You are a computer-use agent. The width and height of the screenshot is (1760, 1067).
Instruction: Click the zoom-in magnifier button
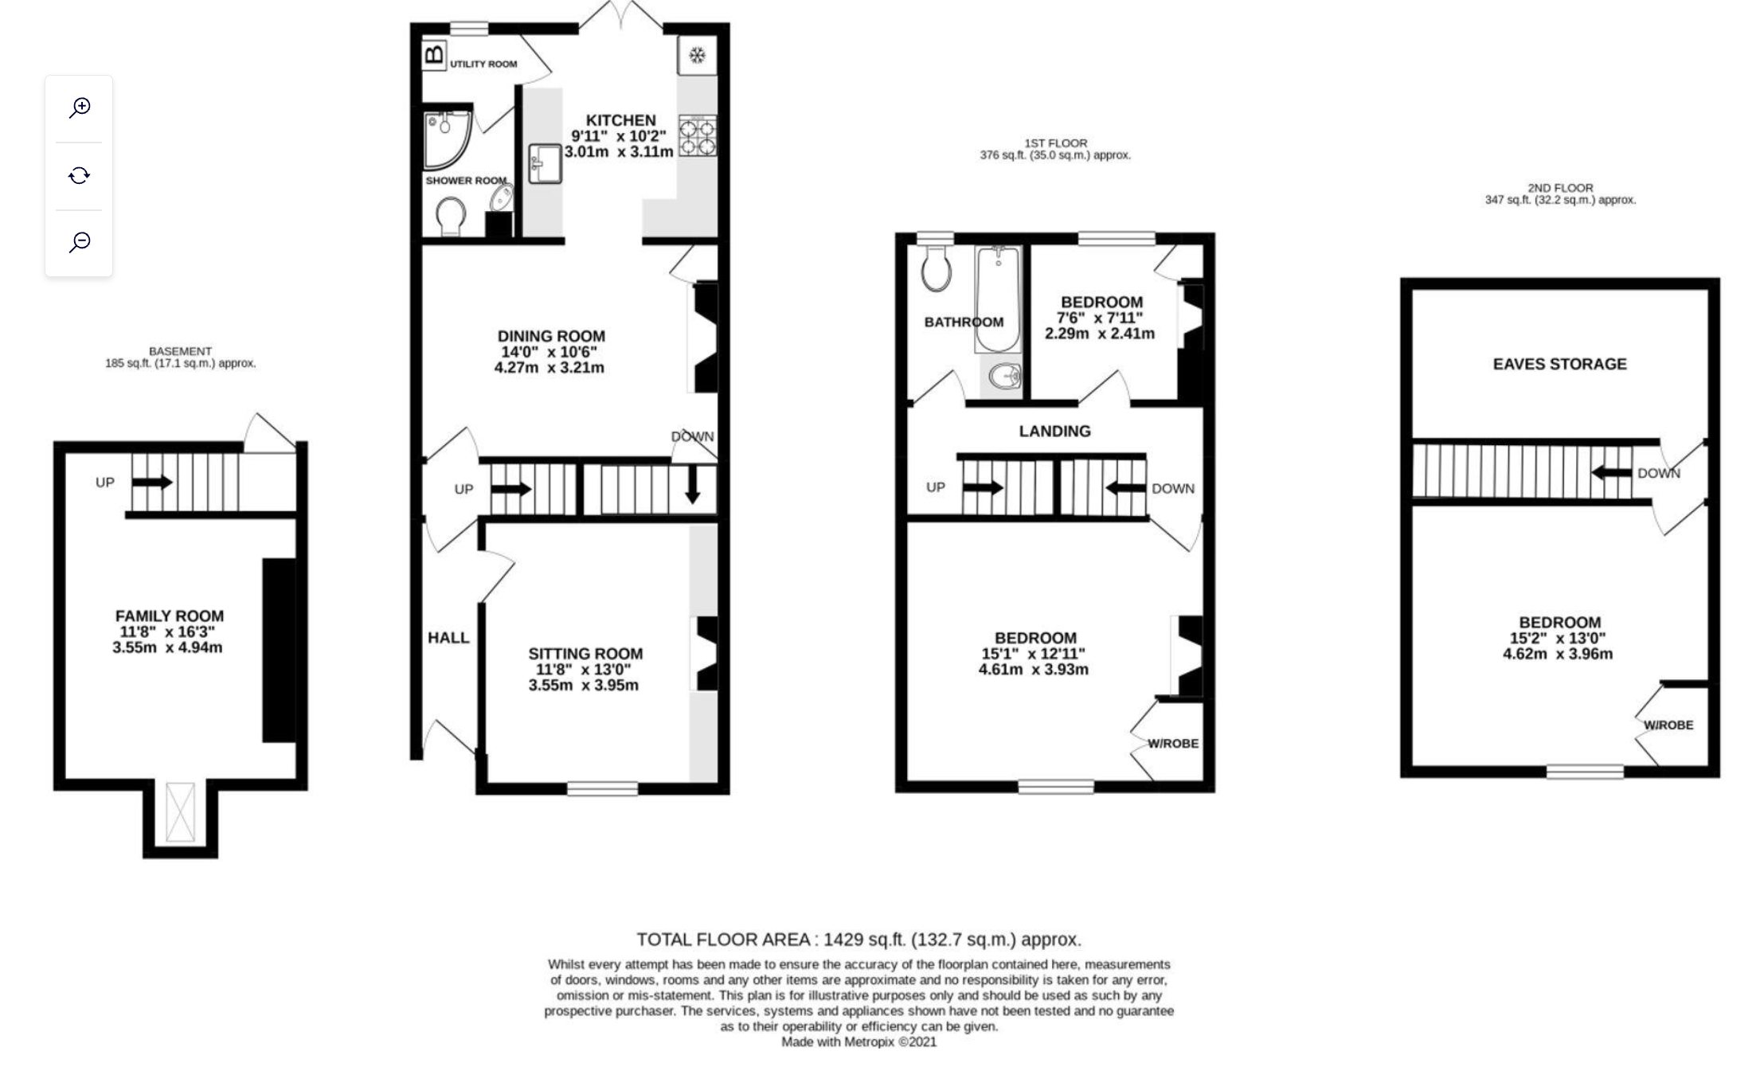(80, 107)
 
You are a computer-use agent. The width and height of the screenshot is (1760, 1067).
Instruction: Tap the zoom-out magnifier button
(80, 242)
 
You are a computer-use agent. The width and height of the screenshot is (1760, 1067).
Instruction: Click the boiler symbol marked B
(434, 55)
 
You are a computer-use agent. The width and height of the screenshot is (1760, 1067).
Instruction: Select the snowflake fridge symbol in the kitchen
(697, 56)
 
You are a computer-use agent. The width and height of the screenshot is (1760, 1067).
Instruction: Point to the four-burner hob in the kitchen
(698, 135)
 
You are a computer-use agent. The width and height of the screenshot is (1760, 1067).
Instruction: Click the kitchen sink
(545, 163)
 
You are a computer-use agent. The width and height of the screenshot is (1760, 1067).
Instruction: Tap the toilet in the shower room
(452, 216)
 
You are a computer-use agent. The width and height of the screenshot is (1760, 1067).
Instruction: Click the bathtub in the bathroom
(997, 299)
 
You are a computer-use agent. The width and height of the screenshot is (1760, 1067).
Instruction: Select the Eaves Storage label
(1559, 364)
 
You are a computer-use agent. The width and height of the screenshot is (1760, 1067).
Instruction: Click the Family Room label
(170, 616)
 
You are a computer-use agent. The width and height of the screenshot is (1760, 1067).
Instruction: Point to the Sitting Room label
(585, 654)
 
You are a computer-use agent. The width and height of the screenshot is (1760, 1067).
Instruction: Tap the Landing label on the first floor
(1055, 431)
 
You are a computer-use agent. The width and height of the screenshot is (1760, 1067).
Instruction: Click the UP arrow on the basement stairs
(152, 482)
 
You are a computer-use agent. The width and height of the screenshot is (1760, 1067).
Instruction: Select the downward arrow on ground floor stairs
(692, 484)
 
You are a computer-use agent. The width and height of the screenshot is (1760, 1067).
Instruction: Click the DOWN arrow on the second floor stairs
(1611, 472)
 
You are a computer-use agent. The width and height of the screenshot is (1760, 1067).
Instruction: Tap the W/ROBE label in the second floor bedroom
(1668, 725)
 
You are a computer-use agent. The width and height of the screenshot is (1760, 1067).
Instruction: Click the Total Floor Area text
(858, 940)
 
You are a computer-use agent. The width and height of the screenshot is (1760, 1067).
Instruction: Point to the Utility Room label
(483, 64)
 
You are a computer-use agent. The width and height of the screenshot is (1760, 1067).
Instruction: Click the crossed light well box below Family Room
(180, 811)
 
